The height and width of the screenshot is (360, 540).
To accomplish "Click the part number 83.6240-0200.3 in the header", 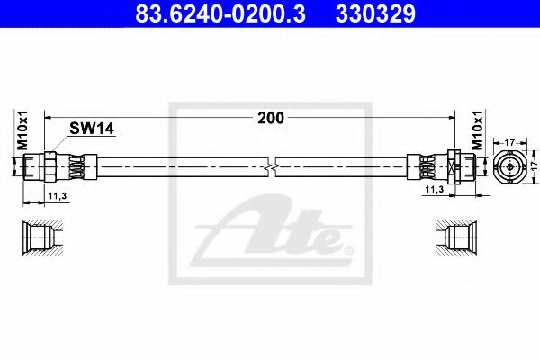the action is coord(220,13).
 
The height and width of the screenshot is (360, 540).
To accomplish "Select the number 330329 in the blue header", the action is coord(375,13).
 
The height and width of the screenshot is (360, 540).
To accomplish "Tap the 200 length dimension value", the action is coord(271,118).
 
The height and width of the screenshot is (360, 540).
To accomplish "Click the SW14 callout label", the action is coord(92,129).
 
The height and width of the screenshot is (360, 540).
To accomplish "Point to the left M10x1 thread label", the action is coord(22,130).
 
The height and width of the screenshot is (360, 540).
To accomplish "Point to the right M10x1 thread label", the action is coord(478,130).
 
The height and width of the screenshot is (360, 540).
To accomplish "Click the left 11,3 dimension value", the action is coord(58,196).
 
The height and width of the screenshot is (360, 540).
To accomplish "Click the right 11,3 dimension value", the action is coord(435,189).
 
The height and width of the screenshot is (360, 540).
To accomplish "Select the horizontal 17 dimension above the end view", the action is coord(509,142).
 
